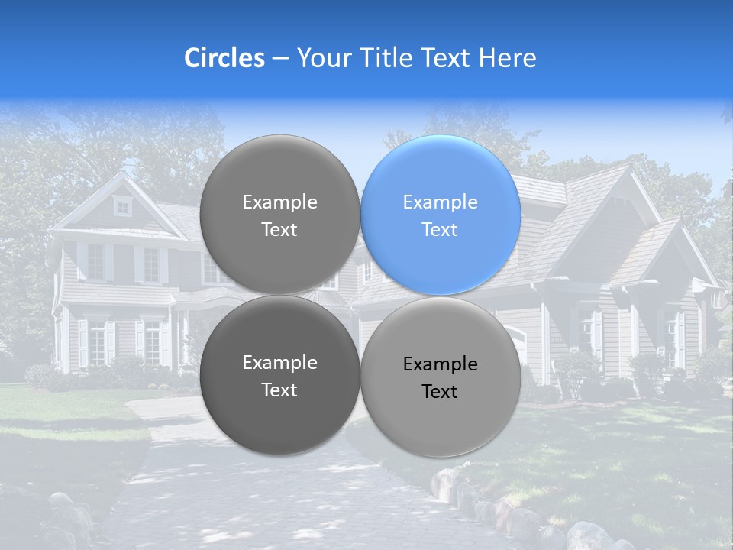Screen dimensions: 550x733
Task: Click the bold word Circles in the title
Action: tap(224, 58)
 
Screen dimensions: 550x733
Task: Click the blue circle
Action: tap(441, 215)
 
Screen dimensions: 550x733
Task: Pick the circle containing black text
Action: tap(441, 377)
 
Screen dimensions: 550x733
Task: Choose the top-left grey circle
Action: tap(279, 215)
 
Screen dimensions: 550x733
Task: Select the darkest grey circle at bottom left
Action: tap(279, 376)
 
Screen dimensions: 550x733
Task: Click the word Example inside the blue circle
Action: tap(440, 202)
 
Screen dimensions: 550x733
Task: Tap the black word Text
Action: tap(440, 392)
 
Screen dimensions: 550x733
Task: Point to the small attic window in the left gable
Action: tap(122, 205)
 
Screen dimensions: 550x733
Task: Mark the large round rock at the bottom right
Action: tap(589, 535)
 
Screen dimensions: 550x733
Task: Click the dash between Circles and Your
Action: tap(280, 58)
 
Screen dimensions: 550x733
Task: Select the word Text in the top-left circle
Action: tap(279, 230)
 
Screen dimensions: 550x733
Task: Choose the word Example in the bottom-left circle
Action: tap(279, 363)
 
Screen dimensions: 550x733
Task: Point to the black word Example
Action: tap(440, 364)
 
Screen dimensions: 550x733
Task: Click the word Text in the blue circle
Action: tap(440, 230)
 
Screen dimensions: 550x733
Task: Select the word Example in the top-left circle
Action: tap(279, 202)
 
